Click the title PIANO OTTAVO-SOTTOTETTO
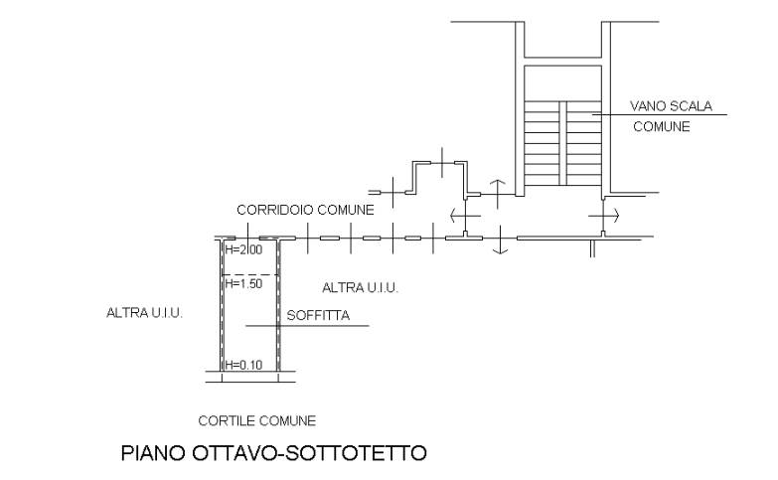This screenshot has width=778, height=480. [x=274, y=453]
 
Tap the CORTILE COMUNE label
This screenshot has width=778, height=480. [x=257, y=421]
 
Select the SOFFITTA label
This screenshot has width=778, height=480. [x=318, y=316]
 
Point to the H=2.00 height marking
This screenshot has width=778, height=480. [x=243, y=249]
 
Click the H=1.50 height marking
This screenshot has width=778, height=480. [x=243, y=284]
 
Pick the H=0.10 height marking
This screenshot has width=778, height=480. [x=243, y=365]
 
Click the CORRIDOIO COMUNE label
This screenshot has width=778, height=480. [x=305, y=210]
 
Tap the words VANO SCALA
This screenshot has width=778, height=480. [x=671, y=105]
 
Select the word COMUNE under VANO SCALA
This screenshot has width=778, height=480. [x=662, y=126]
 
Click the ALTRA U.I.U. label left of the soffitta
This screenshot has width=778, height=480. [x=145, y=313]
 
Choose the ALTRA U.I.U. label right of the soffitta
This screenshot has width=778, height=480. [x=361, y=288]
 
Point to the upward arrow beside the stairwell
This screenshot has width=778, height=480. [x=498, y=194]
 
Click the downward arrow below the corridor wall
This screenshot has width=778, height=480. [x=500, y=240]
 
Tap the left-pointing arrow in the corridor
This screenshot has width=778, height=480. [x=465, y=216]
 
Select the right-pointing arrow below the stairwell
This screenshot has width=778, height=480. [x=604, y=216]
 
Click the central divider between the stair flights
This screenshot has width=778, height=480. [x=563, y=143]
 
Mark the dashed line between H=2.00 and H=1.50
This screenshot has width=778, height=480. [x=250, y=275]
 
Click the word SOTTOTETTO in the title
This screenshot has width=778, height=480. [x=357, y=453]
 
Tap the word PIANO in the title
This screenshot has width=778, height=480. [x=153, y=453]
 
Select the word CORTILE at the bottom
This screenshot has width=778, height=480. [x=227, y=421]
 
